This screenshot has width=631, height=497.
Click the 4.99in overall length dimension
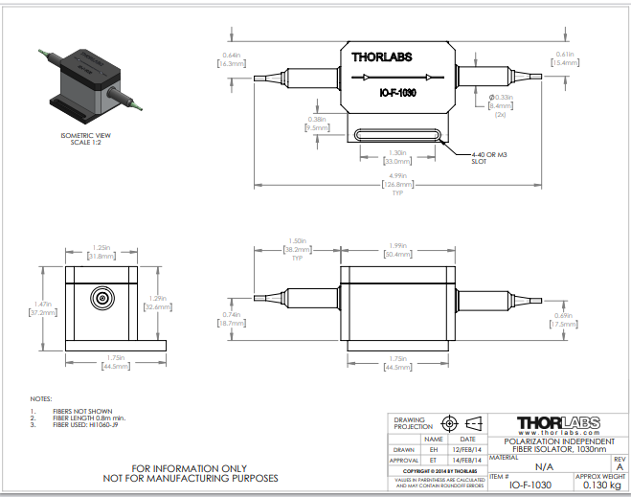[x=397, y=177]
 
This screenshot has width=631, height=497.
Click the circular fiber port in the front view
[x=101, y=297]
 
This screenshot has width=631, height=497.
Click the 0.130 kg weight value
[x=601, y=486]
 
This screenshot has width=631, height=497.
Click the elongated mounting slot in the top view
[x=399, y=134]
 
